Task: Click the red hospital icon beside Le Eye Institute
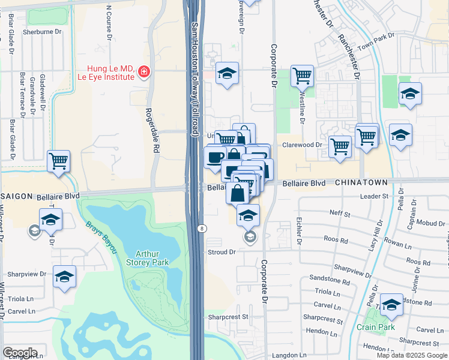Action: point(143,73)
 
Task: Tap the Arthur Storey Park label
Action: point(147,258)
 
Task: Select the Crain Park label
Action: point(376,327)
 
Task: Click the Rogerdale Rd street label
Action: point(151,129)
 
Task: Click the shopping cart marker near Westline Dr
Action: point(301,76)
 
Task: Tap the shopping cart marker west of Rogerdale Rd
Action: point(59,161)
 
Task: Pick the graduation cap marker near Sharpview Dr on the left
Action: point(64,277)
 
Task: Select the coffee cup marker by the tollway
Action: point(215,158)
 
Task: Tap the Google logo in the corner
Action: point(20,353)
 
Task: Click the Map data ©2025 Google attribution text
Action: point(412,355)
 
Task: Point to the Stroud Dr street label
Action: point(221,252)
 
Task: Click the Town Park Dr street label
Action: point(375,42)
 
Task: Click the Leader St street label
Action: point(375,196)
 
